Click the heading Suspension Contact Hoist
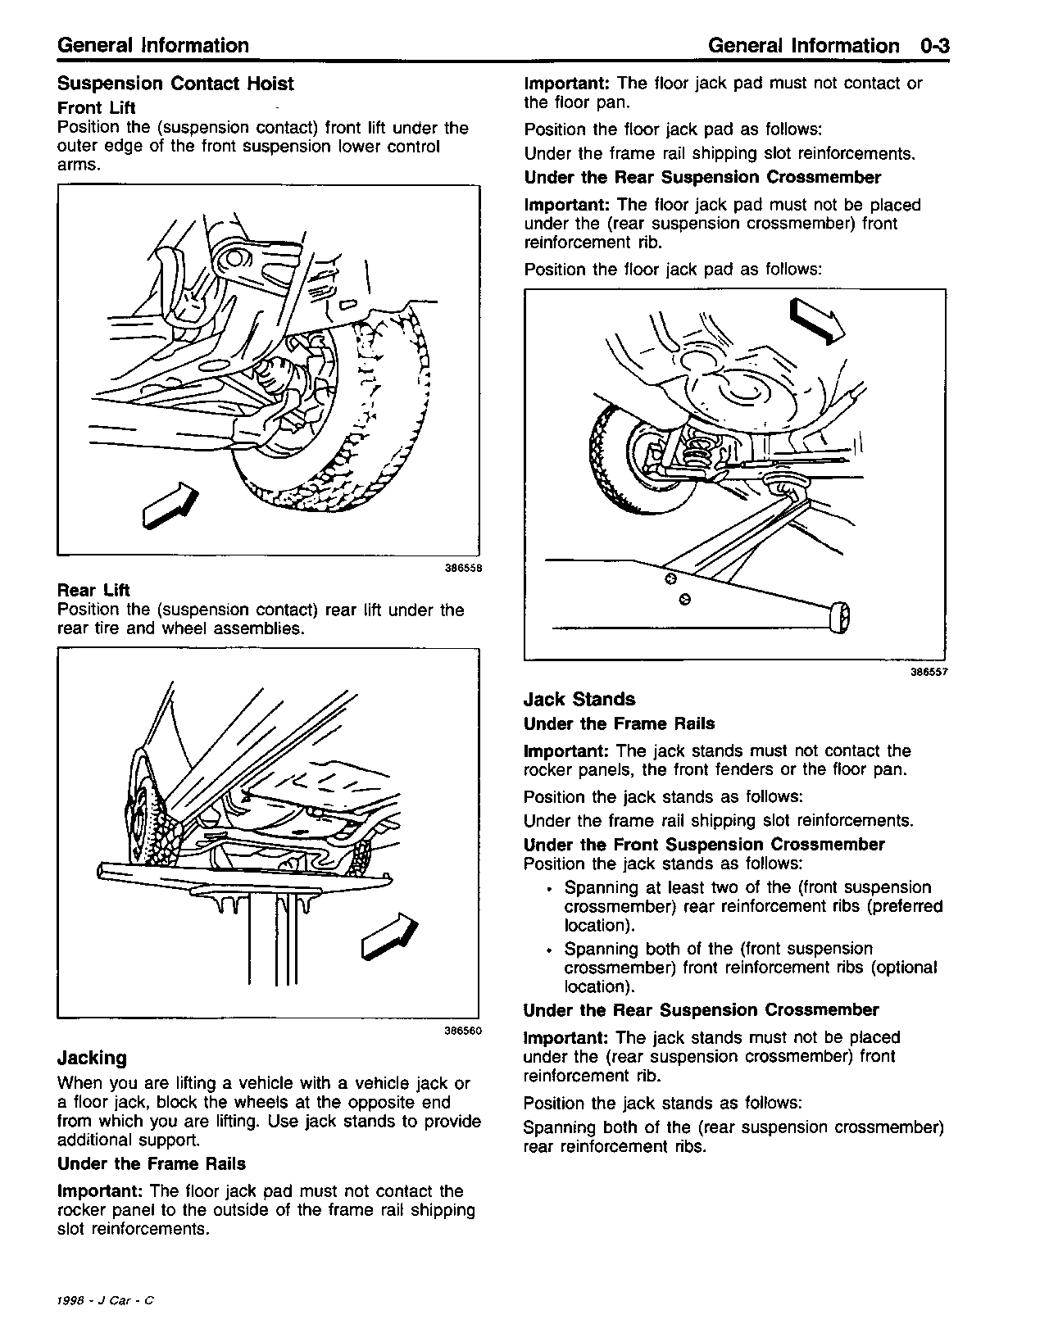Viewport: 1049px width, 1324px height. [x=175, y=84]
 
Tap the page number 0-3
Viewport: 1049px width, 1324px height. [x=933, y=46]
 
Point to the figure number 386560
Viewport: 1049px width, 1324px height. [x=461, y=1031]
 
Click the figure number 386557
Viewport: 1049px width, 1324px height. [x=928, y=672]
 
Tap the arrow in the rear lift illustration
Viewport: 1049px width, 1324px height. [x=390, y=935]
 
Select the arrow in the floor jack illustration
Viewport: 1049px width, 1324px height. [x=816, y=320]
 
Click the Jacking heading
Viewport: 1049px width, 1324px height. [x=92, y=1058]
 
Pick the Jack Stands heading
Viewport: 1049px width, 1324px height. [x=579, y=699]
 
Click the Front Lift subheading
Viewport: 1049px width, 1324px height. [x=97, y=107]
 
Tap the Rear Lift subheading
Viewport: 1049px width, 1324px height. [x=93, y=590]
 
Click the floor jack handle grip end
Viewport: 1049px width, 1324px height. [x=841, y=617]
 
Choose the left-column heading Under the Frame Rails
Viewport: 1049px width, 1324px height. [x=152, y=1163]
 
